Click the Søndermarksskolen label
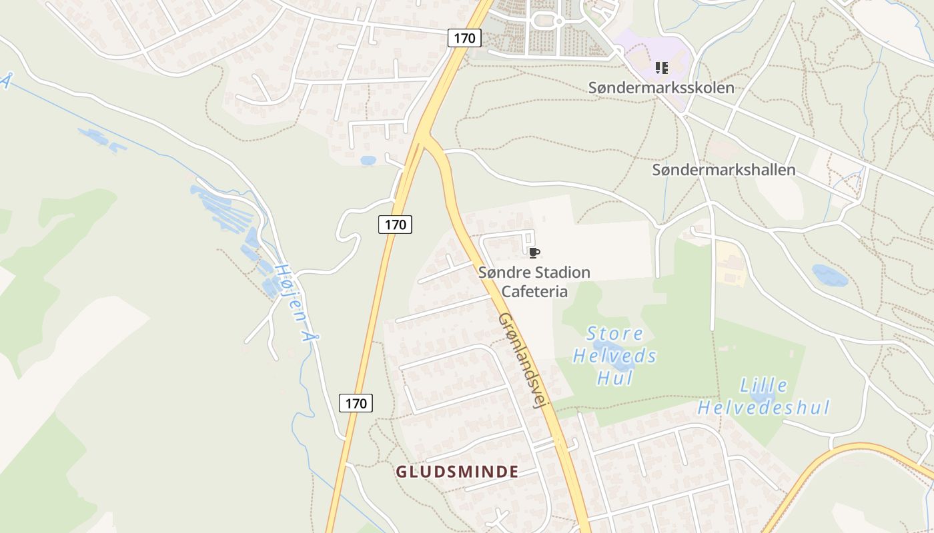660,88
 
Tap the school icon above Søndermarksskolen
661,67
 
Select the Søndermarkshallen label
723,170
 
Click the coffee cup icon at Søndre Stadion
533,253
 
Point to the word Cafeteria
534,292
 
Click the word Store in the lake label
614,333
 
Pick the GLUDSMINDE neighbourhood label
457,472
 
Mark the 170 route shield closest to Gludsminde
356,403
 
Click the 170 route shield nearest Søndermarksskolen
464,38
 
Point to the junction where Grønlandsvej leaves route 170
423,137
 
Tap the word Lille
763,386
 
